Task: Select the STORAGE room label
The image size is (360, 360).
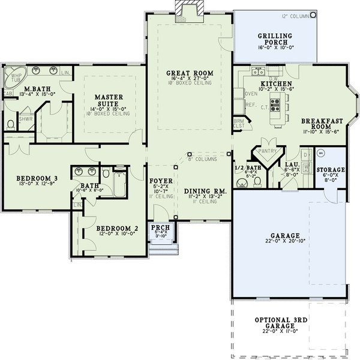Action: coord(331,170)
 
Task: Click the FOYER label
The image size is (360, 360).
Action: coord(161,180)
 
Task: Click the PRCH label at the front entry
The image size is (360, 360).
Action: coord(161,228)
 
